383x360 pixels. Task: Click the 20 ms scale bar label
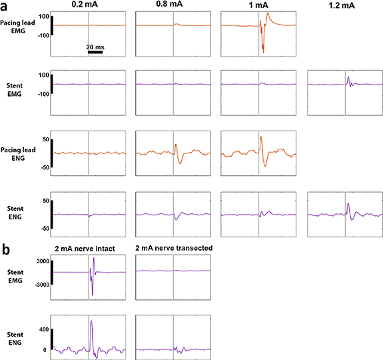click(95, 47)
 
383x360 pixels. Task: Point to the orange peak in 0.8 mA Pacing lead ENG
click(176, 146)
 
